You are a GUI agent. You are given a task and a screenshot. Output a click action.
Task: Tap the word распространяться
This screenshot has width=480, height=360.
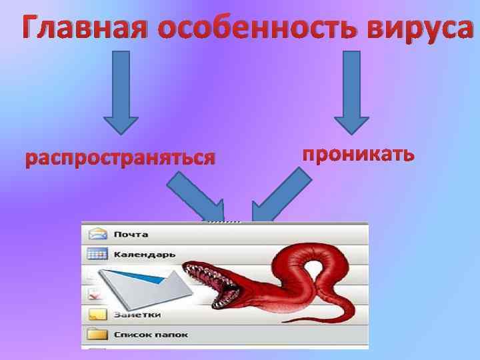pyautogui.click(x=120, y=159)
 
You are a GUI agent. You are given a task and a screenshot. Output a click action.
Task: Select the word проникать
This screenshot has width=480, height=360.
pyautogui.click(x=358, y=154)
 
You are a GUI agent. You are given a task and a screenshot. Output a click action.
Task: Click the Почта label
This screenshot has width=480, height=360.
pyautogui.click(x=131, y=235)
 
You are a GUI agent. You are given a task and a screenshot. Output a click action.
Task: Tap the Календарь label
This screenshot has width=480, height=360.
pyautogui.click(x=144, y=255)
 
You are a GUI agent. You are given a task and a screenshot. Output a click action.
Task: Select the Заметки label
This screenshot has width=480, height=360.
pyautogui.click(x=137, y=315)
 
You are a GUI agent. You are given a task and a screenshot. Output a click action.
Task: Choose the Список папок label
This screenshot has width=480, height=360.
pyautogui.click(x=150, y=335)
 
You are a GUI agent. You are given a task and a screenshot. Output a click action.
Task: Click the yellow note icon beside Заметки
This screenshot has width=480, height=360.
pyautogui.click(x=97, y=314)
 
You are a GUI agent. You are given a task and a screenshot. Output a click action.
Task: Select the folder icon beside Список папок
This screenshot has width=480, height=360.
pyautogui.click(x=97, y=334)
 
